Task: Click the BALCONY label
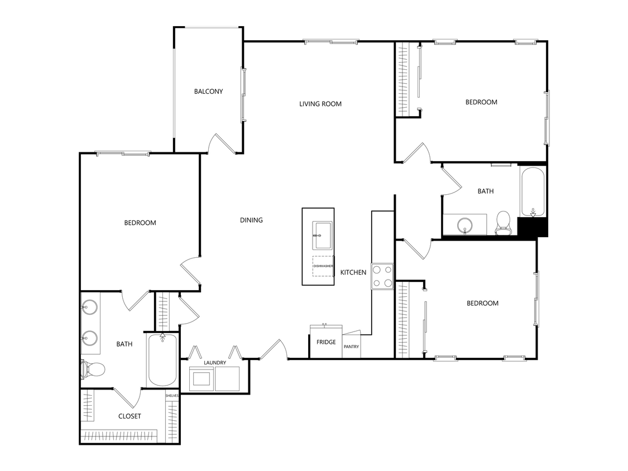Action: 208,92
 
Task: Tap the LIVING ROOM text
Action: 320,104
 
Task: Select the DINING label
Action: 251,220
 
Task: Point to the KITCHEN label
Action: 353,272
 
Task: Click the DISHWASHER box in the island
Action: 323,266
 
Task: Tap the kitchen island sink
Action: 322,235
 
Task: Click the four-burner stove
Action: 382,276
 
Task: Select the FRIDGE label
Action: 326,342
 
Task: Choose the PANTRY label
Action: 351,347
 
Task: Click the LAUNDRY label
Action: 215,363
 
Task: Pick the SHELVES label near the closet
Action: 171,396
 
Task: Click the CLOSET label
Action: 130,416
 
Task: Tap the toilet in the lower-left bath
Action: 94,368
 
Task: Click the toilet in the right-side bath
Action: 503,221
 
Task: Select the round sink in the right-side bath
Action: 464,225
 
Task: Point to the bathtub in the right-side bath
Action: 532,191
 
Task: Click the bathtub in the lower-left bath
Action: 162,359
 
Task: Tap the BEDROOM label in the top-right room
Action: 481,102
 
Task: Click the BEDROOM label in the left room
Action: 140,223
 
